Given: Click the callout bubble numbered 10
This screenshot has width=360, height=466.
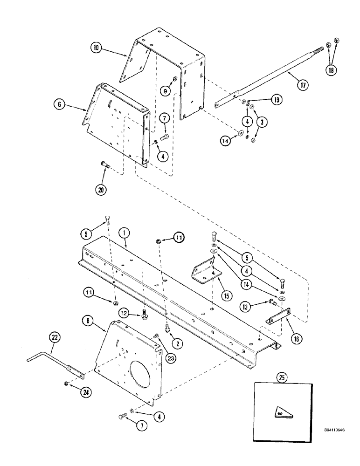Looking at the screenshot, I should (x=96, y=48).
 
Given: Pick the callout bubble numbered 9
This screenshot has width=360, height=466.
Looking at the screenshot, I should (x=165, y=91).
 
